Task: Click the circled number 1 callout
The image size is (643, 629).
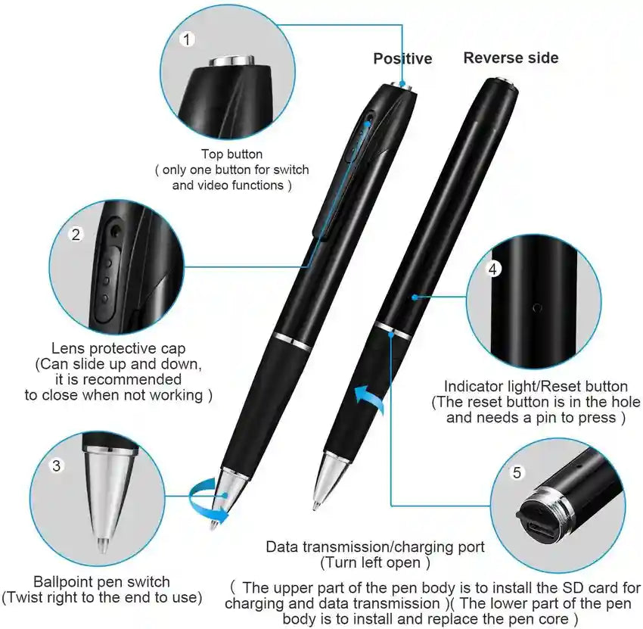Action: pos(187,40)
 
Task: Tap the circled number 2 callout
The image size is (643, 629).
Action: pos(76,235)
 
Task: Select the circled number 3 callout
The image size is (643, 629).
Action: pos(57,466)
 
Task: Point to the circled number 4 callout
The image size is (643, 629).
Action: pos(493,269)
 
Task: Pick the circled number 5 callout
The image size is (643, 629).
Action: pos(517,472)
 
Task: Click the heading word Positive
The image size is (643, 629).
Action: pos(402,58)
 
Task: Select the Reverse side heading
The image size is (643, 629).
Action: pos(511,58)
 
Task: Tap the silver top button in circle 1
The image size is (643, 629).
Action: pos(231,61)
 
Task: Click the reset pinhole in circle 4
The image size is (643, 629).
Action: pos(537,308)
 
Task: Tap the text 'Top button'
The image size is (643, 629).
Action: pos(231,154)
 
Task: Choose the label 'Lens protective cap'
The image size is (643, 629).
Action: pos(118,348)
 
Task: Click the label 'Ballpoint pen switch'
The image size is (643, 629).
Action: pos(101,581)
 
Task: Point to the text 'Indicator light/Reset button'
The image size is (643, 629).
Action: pos(536,386)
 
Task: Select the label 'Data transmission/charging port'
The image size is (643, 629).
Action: pos(375,546)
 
